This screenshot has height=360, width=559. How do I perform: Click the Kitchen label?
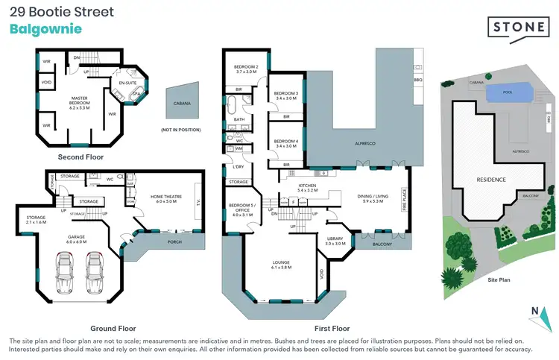307,187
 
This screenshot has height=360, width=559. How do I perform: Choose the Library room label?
335,240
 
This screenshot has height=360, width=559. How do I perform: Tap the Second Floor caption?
80,157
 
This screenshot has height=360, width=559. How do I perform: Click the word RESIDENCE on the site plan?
491,180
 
